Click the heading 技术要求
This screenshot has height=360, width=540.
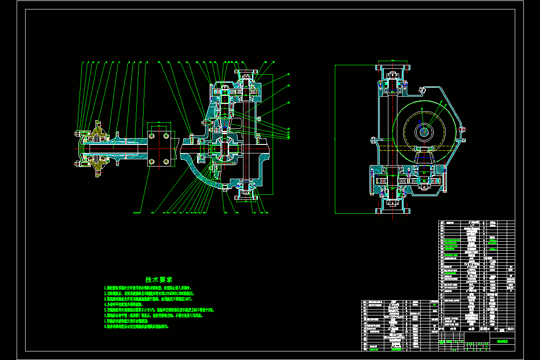coord(158,279)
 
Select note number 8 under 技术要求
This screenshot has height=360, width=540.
coord(137,327)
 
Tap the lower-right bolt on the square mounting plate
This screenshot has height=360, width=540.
coord(166,161)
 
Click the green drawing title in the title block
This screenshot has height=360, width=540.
coord(502,341)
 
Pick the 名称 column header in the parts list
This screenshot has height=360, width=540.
coord(472,328)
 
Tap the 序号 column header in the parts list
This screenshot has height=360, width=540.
coord(441,328)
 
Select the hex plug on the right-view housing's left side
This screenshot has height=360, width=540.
coord(373,139)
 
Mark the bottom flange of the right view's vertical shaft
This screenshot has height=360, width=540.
coord(393,210)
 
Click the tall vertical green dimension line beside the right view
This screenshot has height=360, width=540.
coord(335,139)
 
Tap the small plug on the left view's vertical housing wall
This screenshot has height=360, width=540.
coord(259,118)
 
